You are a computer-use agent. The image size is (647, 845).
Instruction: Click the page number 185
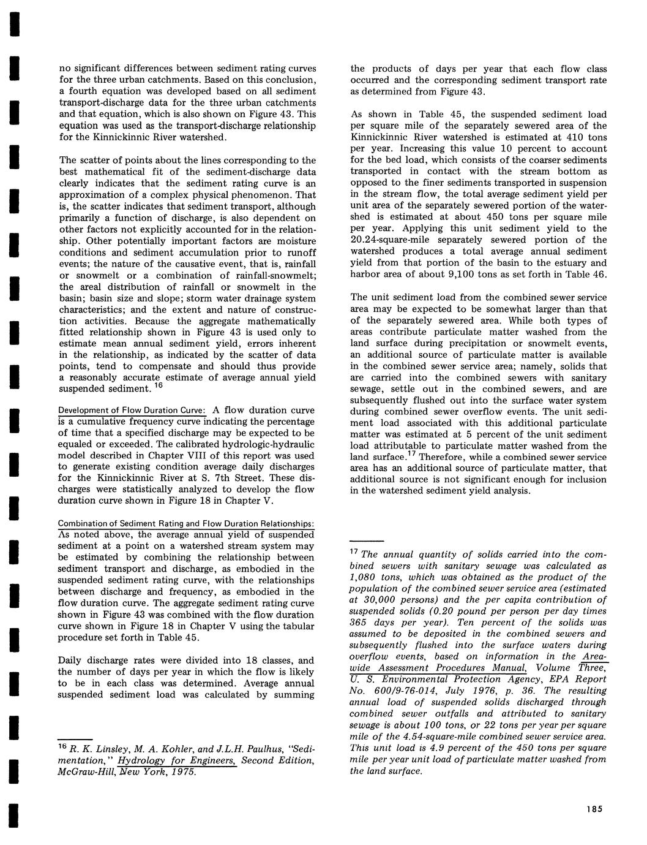click(x=593, y=809)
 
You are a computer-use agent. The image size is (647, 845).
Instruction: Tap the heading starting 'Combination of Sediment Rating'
click(x=186, y=524)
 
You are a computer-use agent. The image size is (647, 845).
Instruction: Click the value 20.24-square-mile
click(x=387, y=240)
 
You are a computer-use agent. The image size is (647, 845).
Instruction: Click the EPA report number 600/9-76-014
click(x=408, y=691)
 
